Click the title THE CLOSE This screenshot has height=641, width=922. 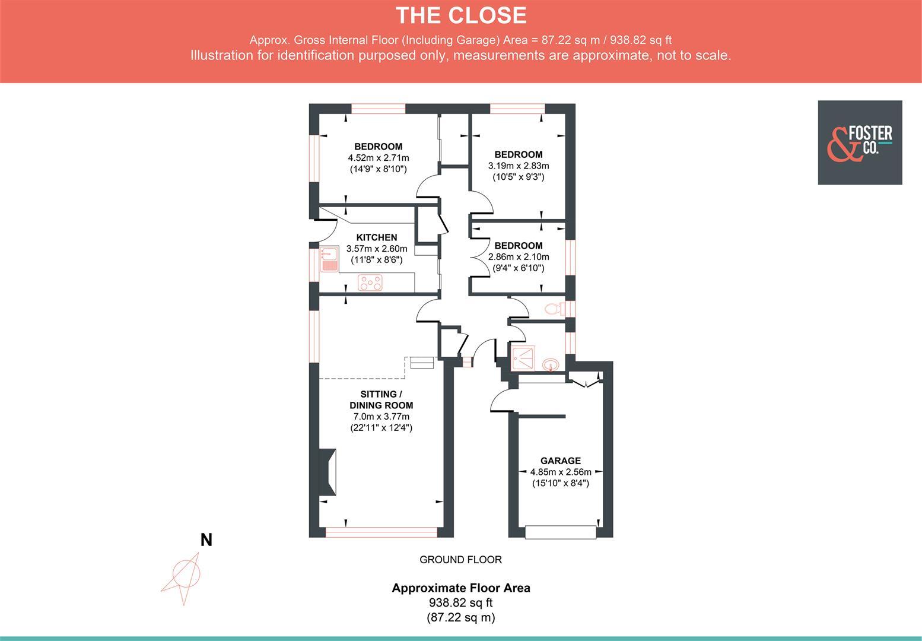point(461,15)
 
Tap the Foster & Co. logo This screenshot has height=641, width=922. point(860,142)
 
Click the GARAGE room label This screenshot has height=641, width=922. point(560,461)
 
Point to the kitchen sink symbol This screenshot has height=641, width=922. point(328,259)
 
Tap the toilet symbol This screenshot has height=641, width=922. point(554,309)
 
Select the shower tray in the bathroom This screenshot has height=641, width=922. point(523,358)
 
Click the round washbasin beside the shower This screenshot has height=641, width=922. point(551,364)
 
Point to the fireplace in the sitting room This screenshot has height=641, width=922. point(328,471)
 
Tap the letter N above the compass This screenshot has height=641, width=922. point(206,540)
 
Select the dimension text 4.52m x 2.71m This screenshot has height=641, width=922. point(379,158)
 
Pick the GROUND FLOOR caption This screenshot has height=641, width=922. point(460,560)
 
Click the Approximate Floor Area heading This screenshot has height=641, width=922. point(461,588)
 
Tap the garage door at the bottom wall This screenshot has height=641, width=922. point(560,532)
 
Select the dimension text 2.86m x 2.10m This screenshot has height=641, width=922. point(518,257)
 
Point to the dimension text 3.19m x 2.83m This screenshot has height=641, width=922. point(518,166)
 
